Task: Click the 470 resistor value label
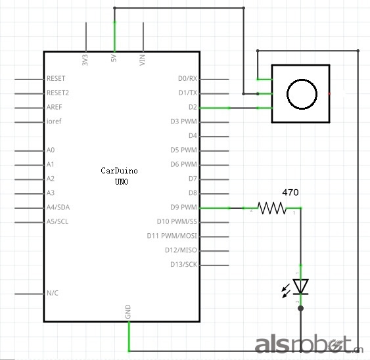point(290,192)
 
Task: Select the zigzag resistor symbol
point(272,208)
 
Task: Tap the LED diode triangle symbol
point(300,286)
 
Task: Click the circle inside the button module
point(302,94)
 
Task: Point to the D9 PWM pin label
point(183,207)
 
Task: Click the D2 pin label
point(193,107)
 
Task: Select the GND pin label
point(128,311)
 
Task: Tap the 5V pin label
point(114,58)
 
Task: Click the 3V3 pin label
point(85,60)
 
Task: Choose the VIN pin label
point(143,60)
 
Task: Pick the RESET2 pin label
point(58,93)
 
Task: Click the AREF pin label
point(55,107)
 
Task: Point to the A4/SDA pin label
point(58,207)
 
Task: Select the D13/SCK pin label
point(183,265)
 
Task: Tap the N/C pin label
point(53,293)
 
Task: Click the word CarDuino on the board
point(119,171)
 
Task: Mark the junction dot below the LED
point(300,308)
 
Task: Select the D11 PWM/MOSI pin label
point(172,236)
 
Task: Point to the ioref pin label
point(54,122)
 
